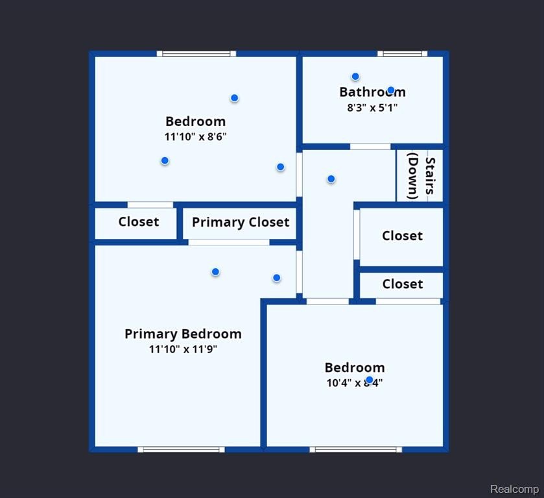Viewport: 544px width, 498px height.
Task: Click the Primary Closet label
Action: click(241, 223)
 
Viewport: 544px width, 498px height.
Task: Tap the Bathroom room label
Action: click(372, 92)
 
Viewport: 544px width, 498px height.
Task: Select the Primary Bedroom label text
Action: click(183, 334)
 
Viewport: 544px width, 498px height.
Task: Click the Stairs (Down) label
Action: click(421, 176)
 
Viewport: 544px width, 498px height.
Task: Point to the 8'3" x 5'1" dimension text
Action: click(372, 108)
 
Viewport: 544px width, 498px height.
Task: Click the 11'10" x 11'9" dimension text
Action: click(183, 349)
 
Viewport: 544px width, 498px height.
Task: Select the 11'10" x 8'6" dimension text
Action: click(195, 137)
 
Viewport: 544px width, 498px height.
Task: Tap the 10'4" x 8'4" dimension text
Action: click(354, 383)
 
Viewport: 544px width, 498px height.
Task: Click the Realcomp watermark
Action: click(514, 489)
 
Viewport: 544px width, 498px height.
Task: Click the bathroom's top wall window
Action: click(403, 53)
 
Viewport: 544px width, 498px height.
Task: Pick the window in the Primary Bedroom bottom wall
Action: click(181, 449)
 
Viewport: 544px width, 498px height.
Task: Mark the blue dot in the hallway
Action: click(331, 179)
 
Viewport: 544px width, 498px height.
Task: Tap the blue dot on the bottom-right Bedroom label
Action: click(370, 380)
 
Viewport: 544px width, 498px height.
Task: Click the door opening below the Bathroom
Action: click(370, 147)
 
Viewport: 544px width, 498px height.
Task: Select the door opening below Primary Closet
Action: click(229, 242)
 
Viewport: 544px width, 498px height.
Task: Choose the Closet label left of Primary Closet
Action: click(139, 222)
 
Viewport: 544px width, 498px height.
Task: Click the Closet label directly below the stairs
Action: click(402, 236)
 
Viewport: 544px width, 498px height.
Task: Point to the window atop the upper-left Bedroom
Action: click(196, 53)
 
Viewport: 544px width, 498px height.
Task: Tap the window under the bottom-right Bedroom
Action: click(355, 449)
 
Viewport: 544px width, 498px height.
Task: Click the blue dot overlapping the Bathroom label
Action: click(391, 90)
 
